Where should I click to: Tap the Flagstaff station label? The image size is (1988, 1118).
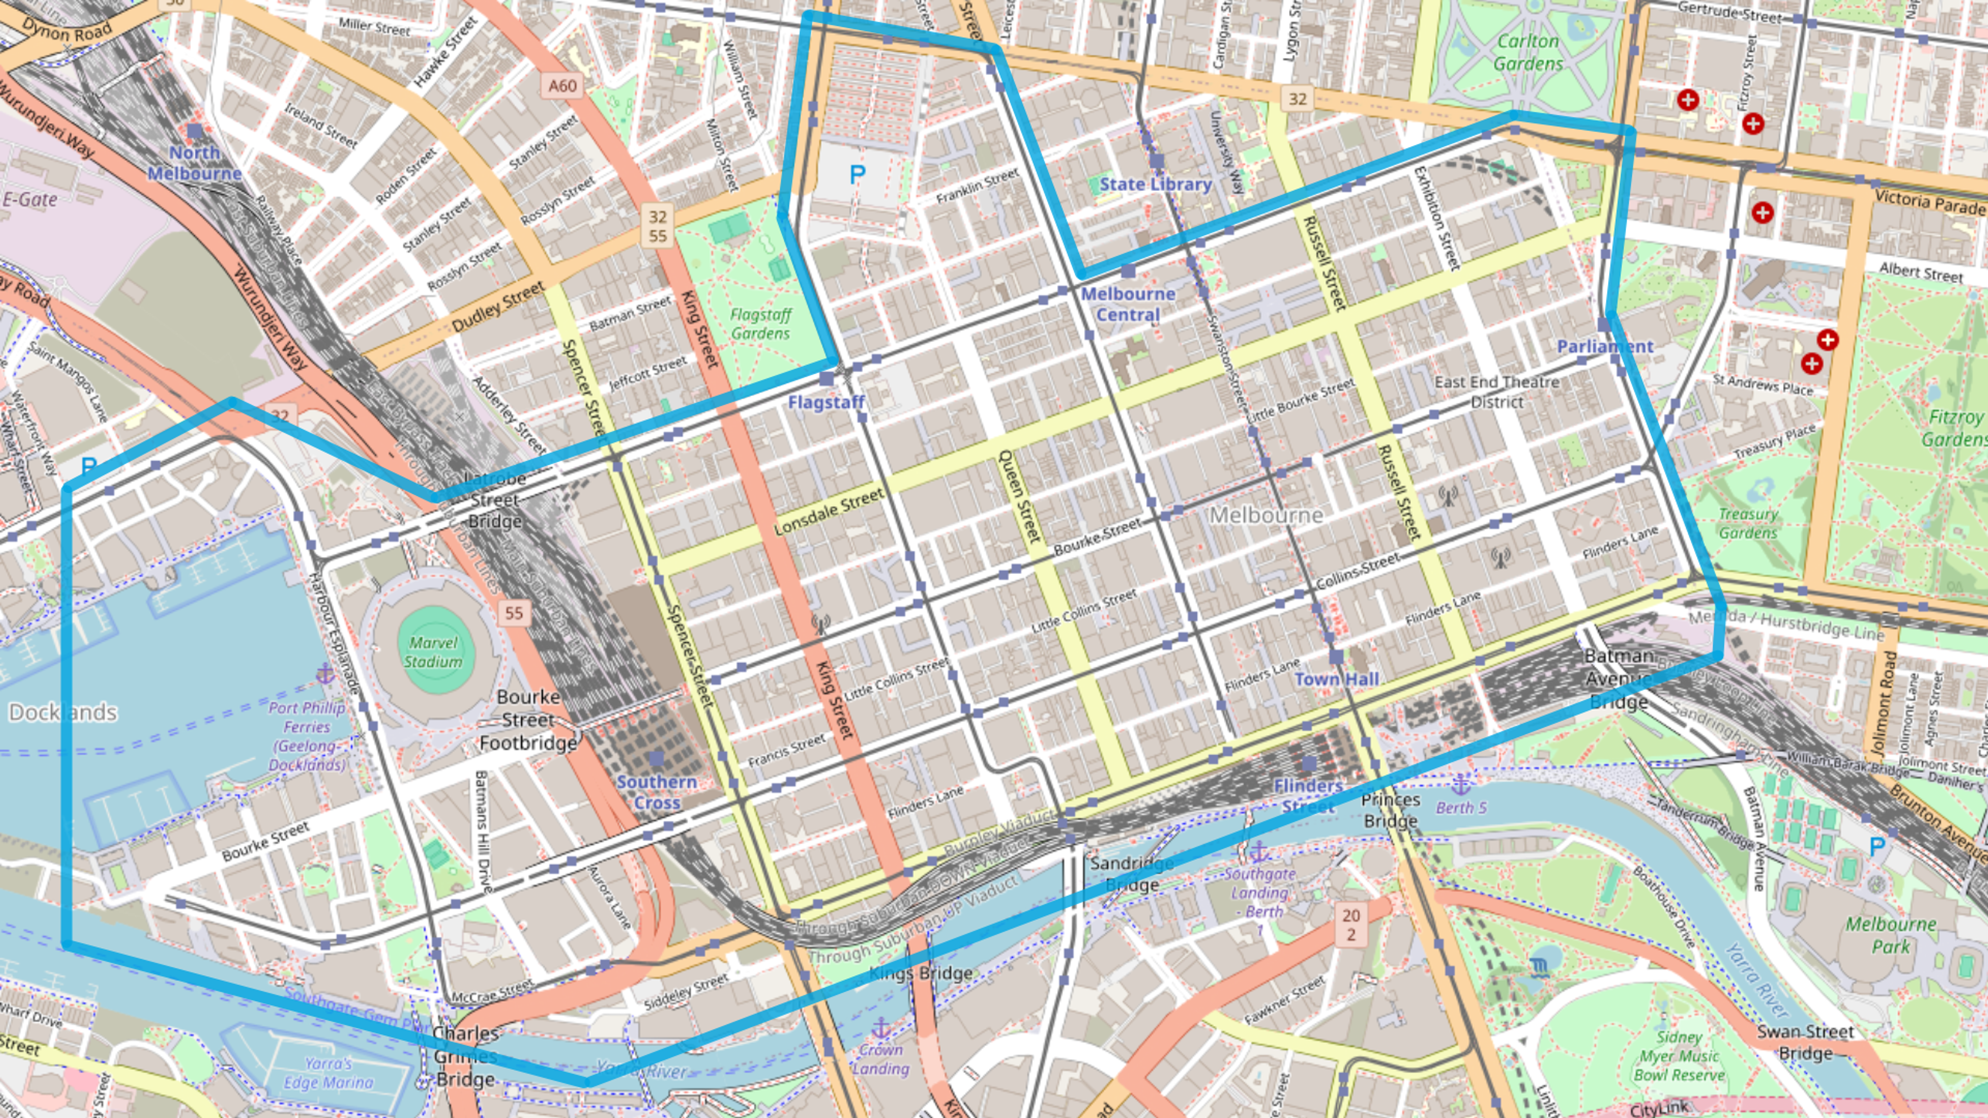point(826,402)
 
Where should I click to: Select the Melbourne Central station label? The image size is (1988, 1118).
point(1128,304)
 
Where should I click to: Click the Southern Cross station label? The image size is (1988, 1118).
point(657,791)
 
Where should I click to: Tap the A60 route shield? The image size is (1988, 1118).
point(563,85)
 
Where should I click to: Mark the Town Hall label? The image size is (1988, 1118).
point(1337,679)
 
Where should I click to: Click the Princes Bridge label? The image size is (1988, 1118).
point(1390,810)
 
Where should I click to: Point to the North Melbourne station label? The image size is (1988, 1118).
point(195,163)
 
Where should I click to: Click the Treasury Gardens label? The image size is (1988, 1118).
point(1748,523)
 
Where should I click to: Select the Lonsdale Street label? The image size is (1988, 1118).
point(829,512)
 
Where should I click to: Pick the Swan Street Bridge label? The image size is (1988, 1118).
point(1805,1042)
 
